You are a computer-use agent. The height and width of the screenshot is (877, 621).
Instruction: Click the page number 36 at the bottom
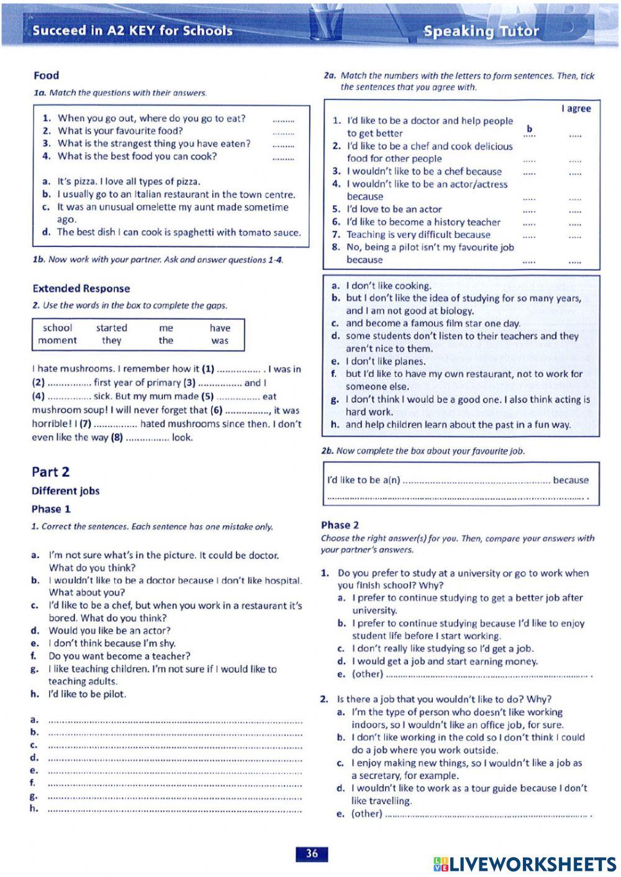click(x=312, y=853)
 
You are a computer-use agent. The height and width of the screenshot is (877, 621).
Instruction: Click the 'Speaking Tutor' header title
click(x=481, y=31)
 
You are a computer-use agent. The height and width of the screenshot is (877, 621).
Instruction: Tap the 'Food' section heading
click(x=46, y=75)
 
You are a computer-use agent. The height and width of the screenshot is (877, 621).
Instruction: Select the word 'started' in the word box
click(x=111, y=328)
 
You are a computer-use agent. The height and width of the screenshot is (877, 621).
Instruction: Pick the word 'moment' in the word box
click(x=57, y=340)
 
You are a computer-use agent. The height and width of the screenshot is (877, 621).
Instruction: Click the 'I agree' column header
click(x=576, y=109)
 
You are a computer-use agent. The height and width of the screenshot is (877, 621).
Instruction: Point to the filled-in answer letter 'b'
click(x=529, y=129)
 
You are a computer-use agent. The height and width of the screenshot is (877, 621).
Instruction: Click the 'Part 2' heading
click(x=50, y=472)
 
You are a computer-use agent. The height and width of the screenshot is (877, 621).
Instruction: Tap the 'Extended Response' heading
click(x=81, y=288)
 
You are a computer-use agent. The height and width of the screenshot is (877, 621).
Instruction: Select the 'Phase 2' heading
click(x=340, y=525)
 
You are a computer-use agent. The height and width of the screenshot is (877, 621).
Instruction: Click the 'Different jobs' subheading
click(x=65, y=491)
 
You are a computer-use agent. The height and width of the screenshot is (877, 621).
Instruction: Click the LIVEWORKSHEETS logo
click(x=525, y=864)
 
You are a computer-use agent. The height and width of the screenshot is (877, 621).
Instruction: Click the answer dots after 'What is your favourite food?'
click(x=283, y=132)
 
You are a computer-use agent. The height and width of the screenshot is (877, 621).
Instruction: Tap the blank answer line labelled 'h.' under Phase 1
click(x=174, y=809)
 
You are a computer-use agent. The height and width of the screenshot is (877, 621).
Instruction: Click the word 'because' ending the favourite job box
click(x=570, y=480)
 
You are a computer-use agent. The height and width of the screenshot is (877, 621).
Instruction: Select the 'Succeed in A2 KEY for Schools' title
click(x=132, y=30)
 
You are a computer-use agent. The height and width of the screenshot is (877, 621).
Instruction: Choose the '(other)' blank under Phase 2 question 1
click(x=487, y=675)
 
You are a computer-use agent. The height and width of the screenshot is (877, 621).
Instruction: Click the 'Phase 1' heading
click(x=51, y=509)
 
